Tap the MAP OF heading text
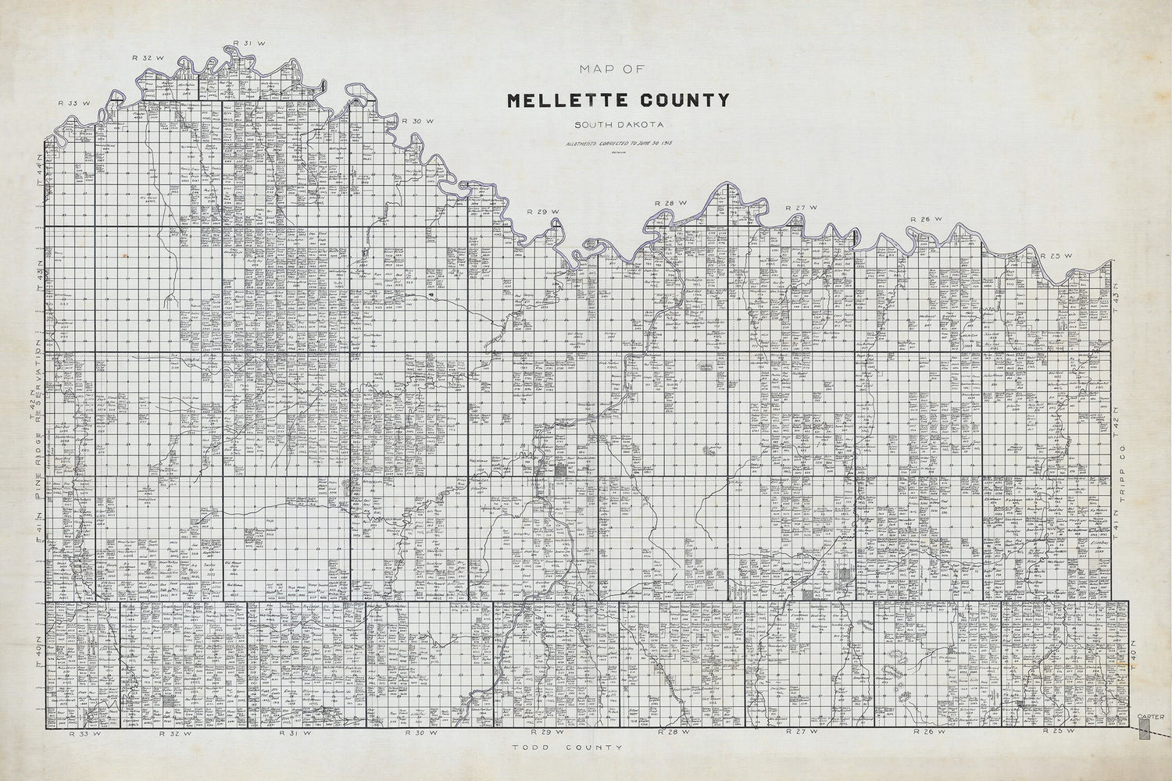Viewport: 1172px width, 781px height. click(x=612, y=70)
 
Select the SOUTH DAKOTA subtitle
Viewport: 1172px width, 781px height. click(x=618, y=125)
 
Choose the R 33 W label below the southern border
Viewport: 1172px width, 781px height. click(x=80, y=734)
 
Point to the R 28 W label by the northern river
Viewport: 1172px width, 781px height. click(x=668, y=203)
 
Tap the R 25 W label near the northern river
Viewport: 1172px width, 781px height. click(x=1052, y=255)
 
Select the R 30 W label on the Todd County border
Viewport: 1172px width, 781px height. click(x=420, y=734)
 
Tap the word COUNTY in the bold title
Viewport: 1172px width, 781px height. click(x=681, y=100)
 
